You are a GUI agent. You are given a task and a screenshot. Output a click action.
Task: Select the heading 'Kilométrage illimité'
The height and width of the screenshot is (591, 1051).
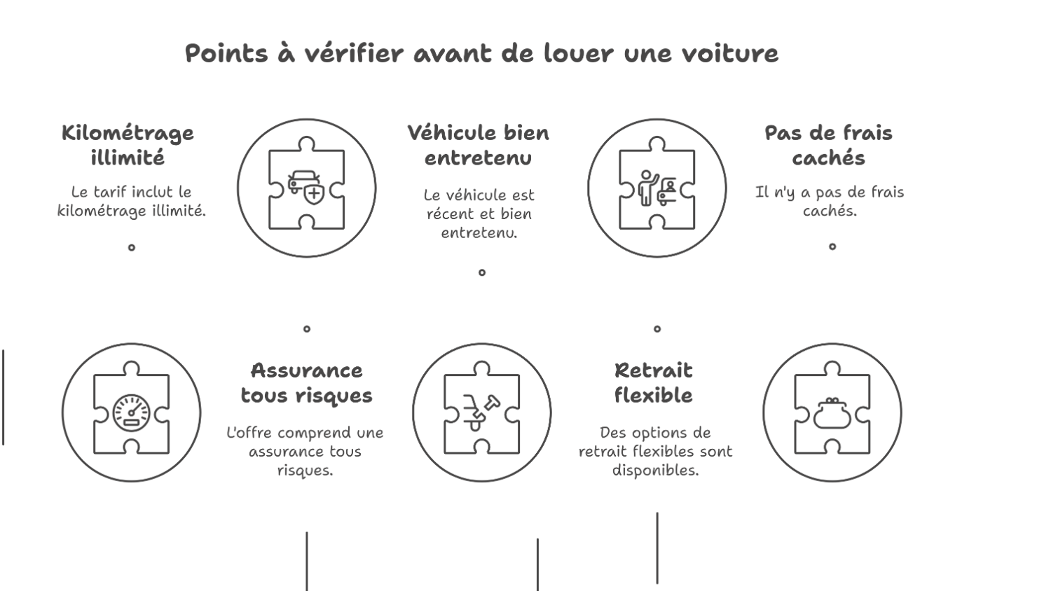coord(128,145)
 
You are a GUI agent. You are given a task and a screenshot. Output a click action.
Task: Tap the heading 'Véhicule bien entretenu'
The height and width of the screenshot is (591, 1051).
coord(479,145)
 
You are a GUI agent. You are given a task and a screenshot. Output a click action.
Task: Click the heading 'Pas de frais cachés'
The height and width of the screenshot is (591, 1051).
coord(829,145)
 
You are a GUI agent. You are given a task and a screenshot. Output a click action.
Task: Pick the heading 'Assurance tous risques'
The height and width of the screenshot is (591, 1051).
coord(306,382)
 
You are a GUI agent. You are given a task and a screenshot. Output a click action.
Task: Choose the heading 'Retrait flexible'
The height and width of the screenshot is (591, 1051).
coord(653,382)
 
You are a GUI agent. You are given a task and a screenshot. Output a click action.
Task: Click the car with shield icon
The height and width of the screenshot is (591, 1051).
coord(306,188)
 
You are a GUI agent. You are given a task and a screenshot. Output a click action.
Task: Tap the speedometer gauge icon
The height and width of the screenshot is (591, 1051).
coord(131,412)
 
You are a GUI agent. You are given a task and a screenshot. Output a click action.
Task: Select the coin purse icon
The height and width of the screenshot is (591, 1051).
coord(832,412)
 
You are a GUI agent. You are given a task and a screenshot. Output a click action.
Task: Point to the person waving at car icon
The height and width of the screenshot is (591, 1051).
coord(657,188)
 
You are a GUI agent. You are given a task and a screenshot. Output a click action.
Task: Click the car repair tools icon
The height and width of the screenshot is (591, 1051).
coord(481,412)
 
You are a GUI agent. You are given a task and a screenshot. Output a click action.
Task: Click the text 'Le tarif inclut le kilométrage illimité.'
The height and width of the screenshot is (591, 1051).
coord(131,201)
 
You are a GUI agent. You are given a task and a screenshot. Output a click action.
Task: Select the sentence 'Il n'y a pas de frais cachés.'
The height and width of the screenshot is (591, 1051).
coord(830,201)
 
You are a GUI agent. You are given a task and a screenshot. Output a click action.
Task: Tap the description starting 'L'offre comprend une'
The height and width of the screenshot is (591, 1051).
coord(305,451)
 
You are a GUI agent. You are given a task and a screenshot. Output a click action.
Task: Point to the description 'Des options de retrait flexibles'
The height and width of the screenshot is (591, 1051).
coord(655,451)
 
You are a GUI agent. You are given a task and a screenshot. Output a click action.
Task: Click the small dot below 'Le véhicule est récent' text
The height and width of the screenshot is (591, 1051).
coord(482,272)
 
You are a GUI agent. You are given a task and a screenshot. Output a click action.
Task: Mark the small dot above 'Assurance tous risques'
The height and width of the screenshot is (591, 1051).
coord(306,328)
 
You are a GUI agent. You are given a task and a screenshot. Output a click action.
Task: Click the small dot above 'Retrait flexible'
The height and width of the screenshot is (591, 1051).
coord(657,328)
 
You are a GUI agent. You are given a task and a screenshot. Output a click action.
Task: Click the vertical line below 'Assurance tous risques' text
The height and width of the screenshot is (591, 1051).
coord(306,561)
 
